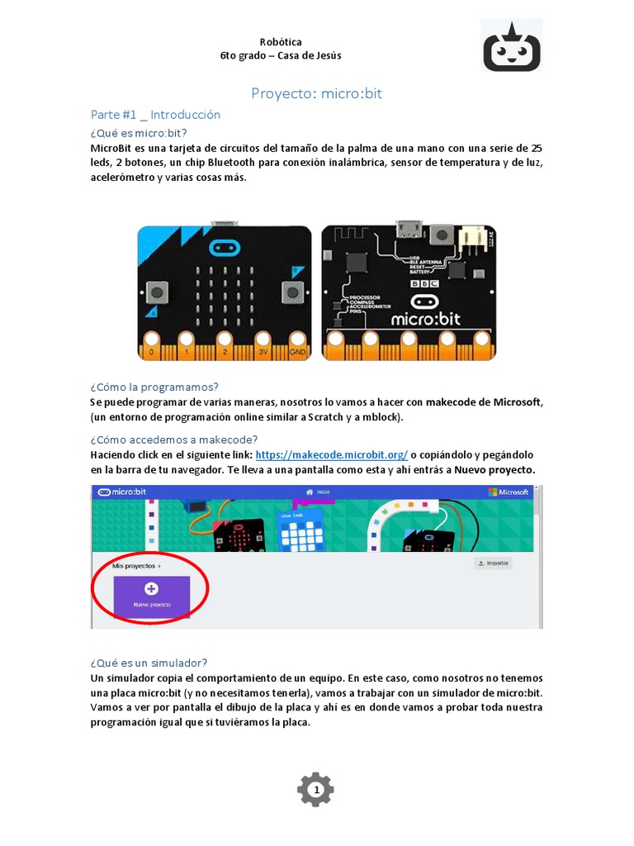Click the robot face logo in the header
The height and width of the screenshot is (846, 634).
(512, 46)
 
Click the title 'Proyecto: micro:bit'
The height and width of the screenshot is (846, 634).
(317, 93)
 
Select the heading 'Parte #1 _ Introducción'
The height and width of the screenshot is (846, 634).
(155, 115)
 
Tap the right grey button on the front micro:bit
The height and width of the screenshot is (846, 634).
(291, 291)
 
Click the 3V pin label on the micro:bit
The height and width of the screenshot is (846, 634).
(263, 352)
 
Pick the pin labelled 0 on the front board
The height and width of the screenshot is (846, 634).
(150, 352)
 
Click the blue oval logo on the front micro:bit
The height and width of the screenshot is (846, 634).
(225, 246)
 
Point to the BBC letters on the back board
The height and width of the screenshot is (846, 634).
(423, 283)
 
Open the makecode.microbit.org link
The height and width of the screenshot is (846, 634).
(332, 455)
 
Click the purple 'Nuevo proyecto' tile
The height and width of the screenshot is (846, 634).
(152, 595)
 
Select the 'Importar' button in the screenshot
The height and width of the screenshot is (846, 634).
(493, 563)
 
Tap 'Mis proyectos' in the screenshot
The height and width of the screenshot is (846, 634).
(136, 566)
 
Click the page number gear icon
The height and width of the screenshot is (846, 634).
(315, 791)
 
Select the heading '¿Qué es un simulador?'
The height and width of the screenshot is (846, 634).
(149, 663)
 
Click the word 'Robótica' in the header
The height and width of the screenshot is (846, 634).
(281, 41)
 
